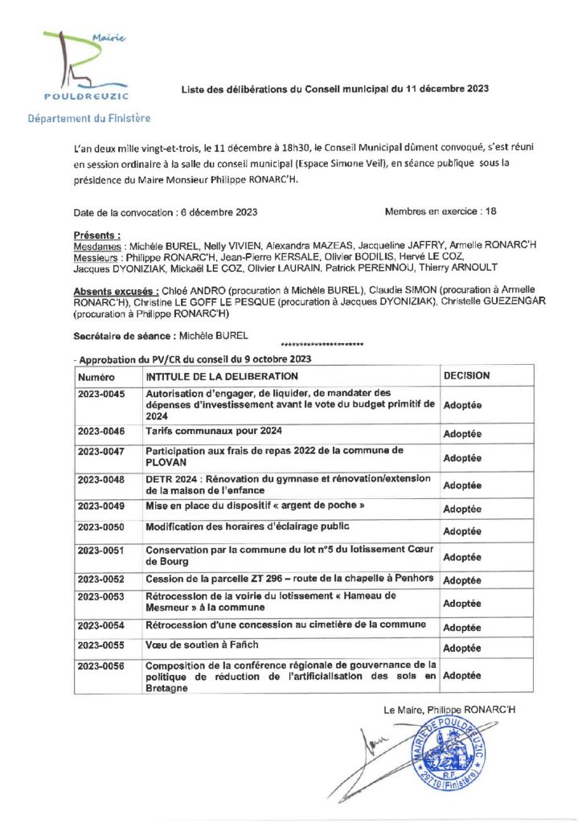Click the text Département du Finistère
88,118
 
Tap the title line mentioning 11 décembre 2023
334,89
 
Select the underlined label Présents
97,235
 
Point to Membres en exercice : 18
441,211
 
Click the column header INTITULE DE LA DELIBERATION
222,376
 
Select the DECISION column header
466,375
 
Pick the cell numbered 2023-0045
102,394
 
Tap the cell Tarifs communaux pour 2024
214,432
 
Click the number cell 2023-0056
102,665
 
